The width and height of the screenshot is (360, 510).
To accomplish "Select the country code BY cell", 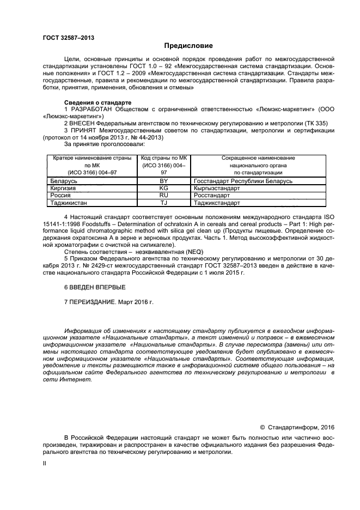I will point(163,180).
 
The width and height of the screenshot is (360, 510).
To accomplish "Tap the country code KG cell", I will point(163,187).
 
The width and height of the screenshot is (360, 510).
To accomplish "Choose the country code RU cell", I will point(163,195).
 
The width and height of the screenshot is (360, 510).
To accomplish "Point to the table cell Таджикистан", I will point(68,202).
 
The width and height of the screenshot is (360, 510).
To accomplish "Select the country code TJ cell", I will point(163,202).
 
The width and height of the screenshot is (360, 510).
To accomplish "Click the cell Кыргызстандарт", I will point(216,187).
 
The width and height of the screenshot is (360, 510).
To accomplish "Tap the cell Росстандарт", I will point(212,195).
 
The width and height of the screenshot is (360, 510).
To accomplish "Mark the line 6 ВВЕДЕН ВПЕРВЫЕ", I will point(95,287).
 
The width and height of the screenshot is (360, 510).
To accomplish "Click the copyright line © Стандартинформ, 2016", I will point(296,427).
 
